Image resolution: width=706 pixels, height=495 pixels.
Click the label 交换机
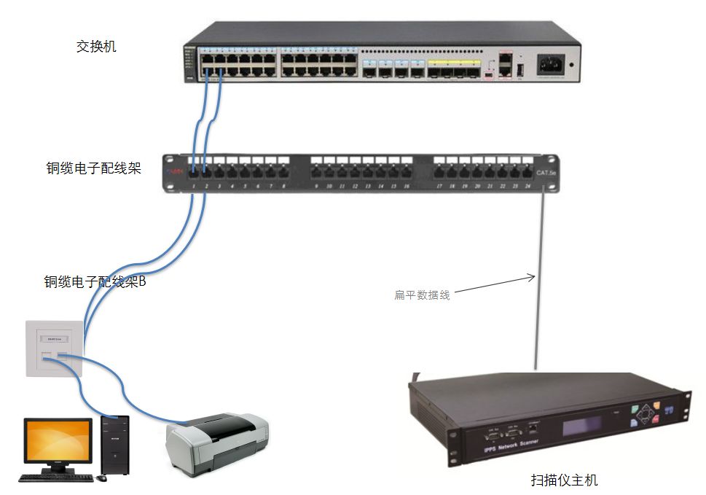pyautogui.click(x=96, y=47)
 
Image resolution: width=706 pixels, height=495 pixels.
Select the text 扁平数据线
pyautogui.click(x=422, y=295)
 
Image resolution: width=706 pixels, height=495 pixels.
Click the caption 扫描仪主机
pyautogui.click(x=564, y=480)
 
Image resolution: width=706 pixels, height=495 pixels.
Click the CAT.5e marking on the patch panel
pyautogui.click(x=546, y=174)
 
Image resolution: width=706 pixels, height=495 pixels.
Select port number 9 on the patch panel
pyautogui.click(x=316, y=187)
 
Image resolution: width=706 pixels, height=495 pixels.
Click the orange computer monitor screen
pyautogui.click(x=58, y=440)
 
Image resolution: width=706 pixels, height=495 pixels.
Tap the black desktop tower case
pyautogui.click(x=115, y=444)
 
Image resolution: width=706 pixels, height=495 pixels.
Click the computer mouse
pyautogui.click(x=103, y=478)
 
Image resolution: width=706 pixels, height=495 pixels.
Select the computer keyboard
pyautogui.click(x=56, y=478)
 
